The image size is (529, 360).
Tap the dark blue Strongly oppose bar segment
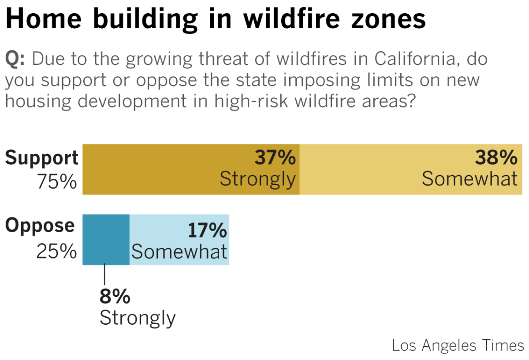coord(106,239)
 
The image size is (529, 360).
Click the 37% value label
coord(275,158)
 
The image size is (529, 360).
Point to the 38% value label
coord(495,158)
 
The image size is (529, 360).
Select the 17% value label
coord(208,231)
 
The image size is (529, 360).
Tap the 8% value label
coord(115,297)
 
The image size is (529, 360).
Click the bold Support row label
coord(42,158)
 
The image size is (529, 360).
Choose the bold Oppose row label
coord(40,225)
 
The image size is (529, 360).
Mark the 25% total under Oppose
coord(56,251)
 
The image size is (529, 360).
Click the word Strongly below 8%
coord(138,318)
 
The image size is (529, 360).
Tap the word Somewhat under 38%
coord(469,179)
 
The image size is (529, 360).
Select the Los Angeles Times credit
coord(458,345)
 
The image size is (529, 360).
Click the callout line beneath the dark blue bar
coord(104,275)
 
